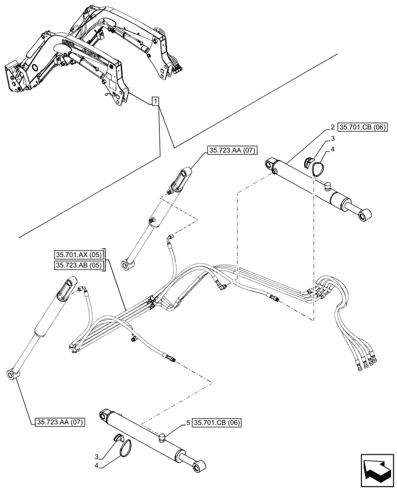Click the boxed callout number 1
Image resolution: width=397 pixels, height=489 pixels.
(x=155, y=102)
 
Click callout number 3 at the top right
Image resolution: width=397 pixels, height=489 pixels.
(x=332, y=139)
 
